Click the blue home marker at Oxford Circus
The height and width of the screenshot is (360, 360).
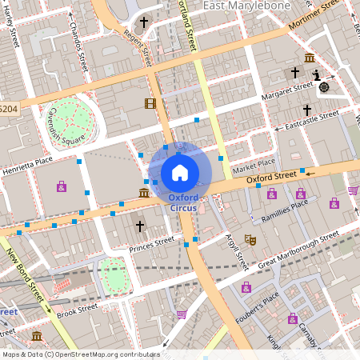180,171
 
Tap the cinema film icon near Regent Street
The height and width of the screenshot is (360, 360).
150,103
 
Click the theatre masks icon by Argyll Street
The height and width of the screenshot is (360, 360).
250,239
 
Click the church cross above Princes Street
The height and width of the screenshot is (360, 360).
139,226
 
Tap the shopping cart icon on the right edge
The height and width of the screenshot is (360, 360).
353,190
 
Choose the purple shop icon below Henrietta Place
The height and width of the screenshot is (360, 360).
62,186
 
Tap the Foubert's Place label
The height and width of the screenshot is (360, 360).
258,308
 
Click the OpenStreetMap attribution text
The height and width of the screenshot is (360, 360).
80,354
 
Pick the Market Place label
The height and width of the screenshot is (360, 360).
254,168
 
